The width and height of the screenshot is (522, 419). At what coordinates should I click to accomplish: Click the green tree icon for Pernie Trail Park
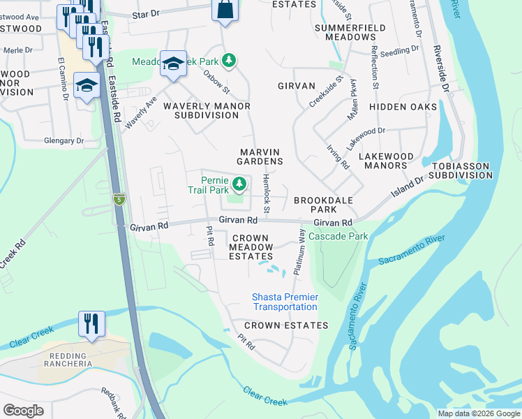click(x=239, y=184)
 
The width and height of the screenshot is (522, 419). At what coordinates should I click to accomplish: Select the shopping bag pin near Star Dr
click(x=225, y=10)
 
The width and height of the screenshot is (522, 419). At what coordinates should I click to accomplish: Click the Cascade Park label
click(x=338, y=237)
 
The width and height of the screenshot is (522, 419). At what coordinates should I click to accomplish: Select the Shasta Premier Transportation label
click(x=285, y=302)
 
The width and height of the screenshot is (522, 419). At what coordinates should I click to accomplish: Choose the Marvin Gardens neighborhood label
click(x=260, y=156)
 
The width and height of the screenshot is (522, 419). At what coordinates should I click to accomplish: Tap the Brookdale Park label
click(x=323, y=205)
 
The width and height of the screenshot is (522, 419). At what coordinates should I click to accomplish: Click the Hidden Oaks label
click(x=403, y=107)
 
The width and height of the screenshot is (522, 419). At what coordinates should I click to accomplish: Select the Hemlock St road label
click(x=265, y=194)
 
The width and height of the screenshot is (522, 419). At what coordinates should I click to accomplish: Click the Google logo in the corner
click(x=24, y=411)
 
